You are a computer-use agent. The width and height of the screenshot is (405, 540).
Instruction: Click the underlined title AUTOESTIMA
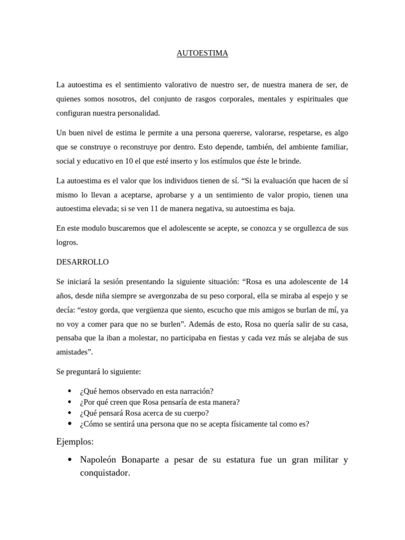(202, 53)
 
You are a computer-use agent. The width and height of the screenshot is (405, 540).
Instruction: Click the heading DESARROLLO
(82, 262)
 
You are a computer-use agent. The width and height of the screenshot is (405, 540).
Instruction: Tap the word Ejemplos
(75, 441)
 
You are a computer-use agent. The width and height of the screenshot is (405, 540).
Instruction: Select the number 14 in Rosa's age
(343, 281)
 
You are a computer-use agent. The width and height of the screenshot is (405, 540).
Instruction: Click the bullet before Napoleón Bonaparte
(70, 460)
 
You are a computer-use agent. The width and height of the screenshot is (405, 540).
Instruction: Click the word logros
(66, 242)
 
